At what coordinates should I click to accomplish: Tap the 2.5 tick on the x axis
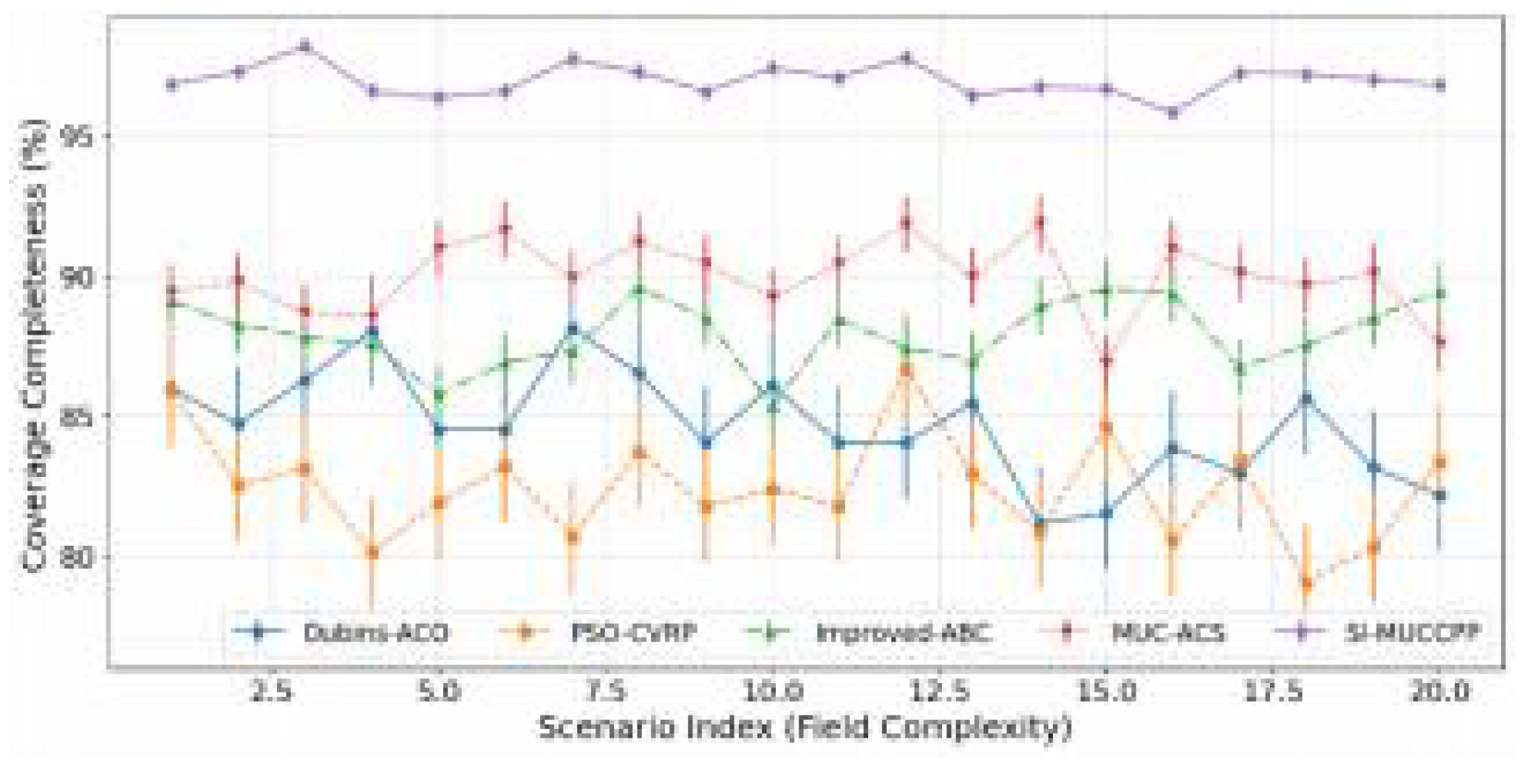click(271, 692)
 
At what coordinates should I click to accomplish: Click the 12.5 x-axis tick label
click(938, 692)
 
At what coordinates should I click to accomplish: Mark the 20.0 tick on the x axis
click(1439, 692)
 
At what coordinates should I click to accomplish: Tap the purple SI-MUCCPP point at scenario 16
click(1172, 112)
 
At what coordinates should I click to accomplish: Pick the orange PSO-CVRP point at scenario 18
click(1306, 583)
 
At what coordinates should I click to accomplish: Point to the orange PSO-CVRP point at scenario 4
click(372, 552)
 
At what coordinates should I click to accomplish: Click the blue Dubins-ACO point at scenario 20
click(1439, 496)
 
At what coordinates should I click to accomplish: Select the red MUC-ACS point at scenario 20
click(1439, 342)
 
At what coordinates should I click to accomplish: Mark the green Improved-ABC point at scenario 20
click(1439, 294)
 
